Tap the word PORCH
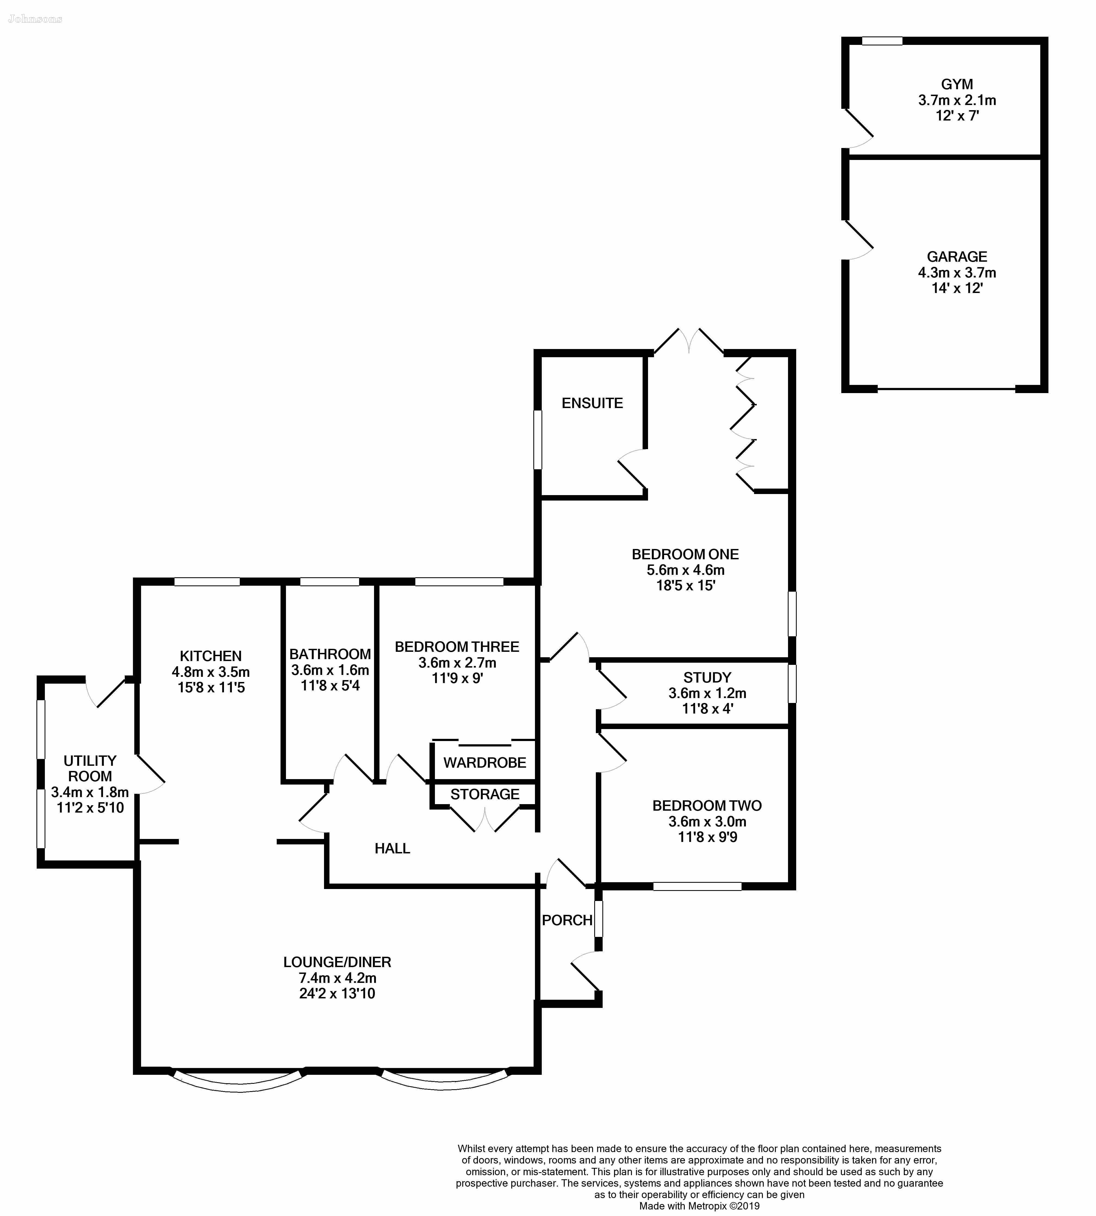point(567,920)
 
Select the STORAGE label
point(485,794)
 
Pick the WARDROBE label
point(485,762)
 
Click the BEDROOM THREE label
point(457,647)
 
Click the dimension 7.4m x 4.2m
point(337,978)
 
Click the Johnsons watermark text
point(35,19)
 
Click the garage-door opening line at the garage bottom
point(947,389)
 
